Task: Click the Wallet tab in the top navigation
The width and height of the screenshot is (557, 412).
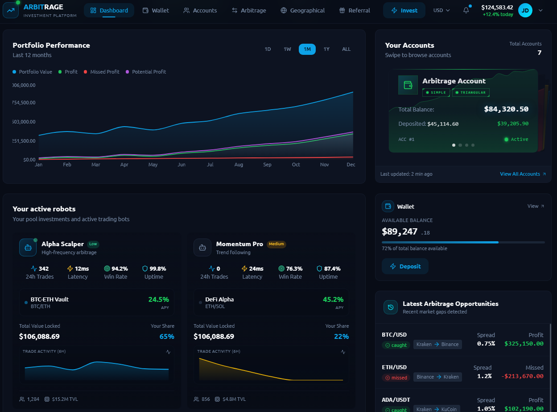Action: (156, 11)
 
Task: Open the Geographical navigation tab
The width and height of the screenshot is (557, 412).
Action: (303, 11)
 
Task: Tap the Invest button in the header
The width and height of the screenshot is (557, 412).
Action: (404, 11)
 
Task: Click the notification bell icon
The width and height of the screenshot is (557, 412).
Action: (466, 10)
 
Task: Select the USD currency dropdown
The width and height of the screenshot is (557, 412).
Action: (441, 11)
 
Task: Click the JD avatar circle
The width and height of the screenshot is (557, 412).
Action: (525, 11)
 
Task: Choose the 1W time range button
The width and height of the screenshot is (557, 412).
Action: (287, 49)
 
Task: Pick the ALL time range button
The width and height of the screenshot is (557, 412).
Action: (346, 49)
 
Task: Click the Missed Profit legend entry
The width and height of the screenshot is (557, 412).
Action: (102, 72)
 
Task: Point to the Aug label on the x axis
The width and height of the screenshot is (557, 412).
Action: (239, 165)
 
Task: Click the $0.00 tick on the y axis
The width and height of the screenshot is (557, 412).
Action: (29, 160)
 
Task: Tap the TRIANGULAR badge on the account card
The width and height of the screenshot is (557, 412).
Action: (470, 92)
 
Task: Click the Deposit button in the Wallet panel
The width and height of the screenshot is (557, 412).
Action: (405, 266)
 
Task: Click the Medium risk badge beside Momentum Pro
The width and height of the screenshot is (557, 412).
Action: (276, 244)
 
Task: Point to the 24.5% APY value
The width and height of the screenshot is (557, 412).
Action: (158, 300)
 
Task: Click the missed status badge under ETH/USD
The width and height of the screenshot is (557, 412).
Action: (396, 378)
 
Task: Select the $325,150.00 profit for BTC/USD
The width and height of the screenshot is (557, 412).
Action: (524, 344)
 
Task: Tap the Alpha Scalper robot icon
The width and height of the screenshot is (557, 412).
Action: (28, 248)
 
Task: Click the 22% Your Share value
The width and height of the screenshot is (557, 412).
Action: (341, 337)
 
